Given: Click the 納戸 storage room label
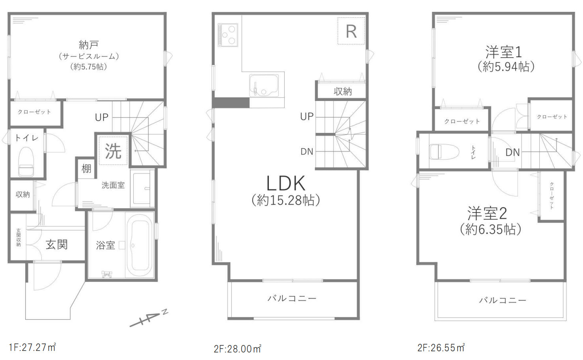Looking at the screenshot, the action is [89, 45].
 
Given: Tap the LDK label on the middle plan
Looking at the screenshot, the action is [286, 183].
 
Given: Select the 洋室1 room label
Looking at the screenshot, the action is [503, 52].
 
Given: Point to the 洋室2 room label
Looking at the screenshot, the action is [487, 213].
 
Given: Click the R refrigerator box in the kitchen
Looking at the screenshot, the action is [351, 31].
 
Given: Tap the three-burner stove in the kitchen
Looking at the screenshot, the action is [228, 35].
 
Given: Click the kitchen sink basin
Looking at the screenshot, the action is [264, 86].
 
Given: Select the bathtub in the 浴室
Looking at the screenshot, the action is [140, 245].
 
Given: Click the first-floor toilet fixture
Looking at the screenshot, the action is [26, 161].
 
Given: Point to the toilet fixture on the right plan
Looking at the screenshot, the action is [444, 151].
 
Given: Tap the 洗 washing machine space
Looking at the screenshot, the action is [113, 151].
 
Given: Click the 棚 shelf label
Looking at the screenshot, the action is [86, 169].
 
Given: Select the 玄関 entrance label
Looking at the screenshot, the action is [57, 244].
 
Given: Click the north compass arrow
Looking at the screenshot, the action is [149, 319].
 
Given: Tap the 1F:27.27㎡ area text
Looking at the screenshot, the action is [33, 347].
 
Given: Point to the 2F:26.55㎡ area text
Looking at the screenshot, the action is [441, 348].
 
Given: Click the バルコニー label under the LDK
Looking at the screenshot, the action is [292, 298].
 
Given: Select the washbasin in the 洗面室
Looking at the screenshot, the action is [142, 188].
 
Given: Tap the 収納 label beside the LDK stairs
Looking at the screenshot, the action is [343, 91].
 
